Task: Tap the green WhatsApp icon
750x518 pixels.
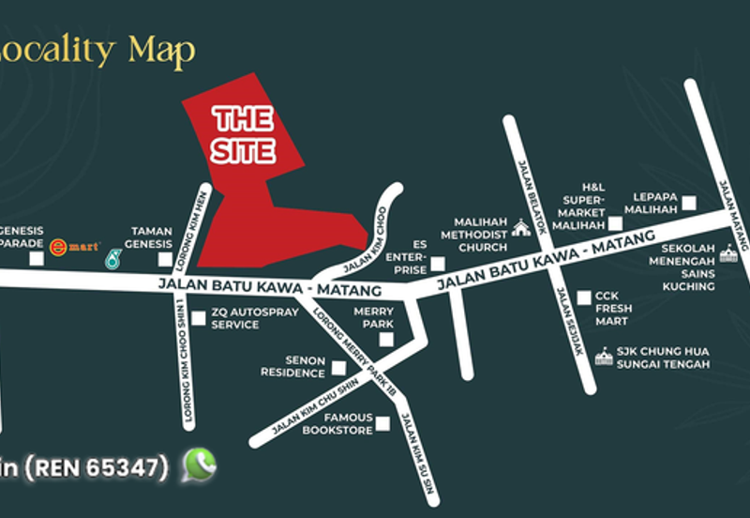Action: pos(199,465)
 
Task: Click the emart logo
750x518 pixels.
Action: pos(75,247)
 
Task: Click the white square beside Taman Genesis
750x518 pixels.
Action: pos(165,259)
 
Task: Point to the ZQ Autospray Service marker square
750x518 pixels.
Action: pos(199,318)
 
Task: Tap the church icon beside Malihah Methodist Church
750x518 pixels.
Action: pos(520,228)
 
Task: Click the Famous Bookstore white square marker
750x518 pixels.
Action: pos(382,424)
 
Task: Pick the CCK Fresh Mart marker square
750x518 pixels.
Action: pos(584,297)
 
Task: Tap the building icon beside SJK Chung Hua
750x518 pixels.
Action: pos(604,357)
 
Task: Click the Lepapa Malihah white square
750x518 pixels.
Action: pos(689,202)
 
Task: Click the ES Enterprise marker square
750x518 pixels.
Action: pos(438,265)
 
